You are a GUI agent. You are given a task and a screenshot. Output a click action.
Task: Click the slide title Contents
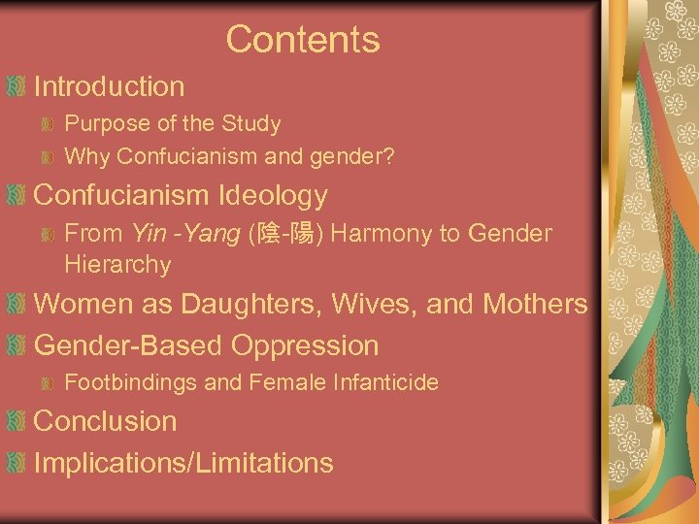pyautogui.click(x=302, y=40)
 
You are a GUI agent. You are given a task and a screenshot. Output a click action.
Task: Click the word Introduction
pyautogui.click(x=109, y=86)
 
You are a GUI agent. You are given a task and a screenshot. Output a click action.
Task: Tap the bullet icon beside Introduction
pyautogui.click(x=15, y=86)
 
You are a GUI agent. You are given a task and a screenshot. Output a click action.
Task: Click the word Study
pyautogui.click(x=252, y=124)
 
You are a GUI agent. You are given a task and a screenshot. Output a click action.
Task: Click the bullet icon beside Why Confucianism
pyautogui.click(x=48, y=155)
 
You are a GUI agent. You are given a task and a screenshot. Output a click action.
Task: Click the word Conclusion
pyautogui.click(x=105, y=422)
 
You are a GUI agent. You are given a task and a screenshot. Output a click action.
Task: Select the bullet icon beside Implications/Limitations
pyautogui.click(x=15, y=463)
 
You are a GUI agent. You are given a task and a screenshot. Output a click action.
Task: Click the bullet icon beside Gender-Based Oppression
pyautogui.click(x=15, y=345)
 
